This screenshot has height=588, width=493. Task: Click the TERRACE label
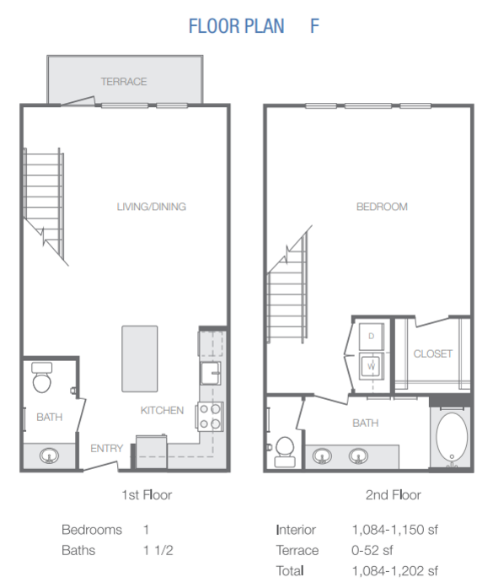[x=124, y=81]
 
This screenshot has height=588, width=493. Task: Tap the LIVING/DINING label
[x=152, y=207]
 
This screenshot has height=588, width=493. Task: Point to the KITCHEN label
[x=162, y=410]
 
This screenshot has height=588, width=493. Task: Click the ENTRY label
[x=107, y=448]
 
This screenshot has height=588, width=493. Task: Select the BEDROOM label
[x=382, y=207]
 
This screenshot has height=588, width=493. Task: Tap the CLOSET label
[x=432, y=353]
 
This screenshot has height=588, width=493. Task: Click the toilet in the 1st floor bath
[x=41, y=377]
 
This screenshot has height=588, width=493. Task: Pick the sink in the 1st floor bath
[x=49, y=456]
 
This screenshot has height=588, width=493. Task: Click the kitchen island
[x=140, y=359]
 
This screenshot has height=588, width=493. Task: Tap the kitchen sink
[x=210, y=373]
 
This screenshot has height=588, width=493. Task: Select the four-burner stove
[x=209, y=416]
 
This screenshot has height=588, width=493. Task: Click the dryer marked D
[x=372, y=336]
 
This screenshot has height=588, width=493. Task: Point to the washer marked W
[x=372, y=365]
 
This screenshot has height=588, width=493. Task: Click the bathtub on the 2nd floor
[x=452, y=437]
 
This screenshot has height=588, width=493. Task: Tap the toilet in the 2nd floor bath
[x=285, y=451]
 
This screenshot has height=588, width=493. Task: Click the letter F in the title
[x=314, y=26]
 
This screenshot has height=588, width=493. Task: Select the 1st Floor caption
[x=147, y=495]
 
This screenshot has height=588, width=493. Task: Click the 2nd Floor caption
[x=393, y=495]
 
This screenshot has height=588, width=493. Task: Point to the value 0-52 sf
[x=372, y=551]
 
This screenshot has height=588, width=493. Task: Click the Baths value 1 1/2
[x=158, y=551]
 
